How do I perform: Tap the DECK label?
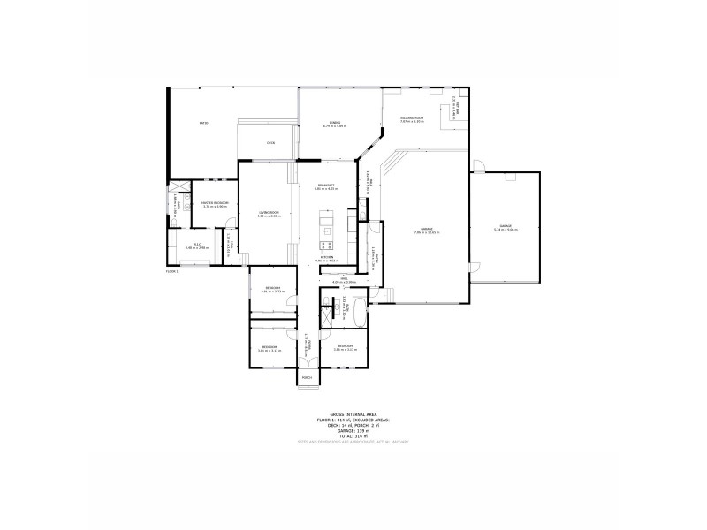(x=271, y=143)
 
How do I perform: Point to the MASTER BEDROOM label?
(x=216, y=204)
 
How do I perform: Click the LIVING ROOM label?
(x=269, y=213)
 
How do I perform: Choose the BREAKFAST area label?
(x=327, y=186)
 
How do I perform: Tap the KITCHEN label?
(x=328, y=258)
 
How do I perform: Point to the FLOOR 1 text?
(x=172, y=272)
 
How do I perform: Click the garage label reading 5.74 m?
(x=506, y=229)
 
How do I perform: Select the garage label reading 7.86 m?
(x=426, y=231)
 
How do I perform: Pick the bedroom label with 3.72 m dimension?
(x=273, y=290)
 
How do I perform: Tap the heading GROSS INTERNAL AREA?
(x=353, y=414)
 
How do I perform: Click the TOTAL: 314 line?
(x=353, y=435)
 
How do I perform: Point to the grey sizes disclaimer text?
(x=353, y=441)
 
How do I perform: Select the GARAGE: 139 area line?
(x=353, y=430)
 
